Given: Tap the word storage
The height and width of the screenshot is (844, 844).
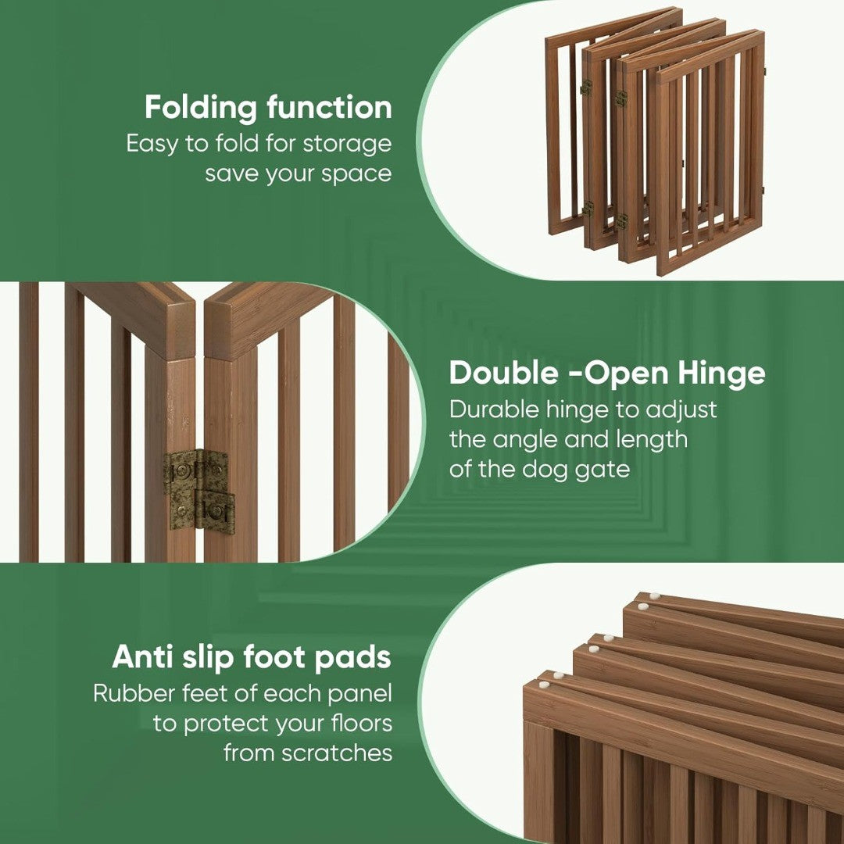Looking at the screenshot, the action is [x=347, y=144].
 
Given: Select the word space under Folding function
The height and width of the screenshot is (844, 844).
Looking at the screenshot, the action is [x=356, y=174].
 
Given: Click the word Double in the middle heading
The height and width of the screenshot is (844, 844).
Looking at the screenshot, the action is [x=504, y=373].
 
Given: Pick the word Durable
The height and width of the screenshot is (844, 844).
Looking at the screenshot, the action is [x=494, y=409].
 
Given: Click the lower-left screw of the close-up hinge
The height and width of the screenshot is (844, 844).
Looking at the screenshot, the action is [x=181, y=510].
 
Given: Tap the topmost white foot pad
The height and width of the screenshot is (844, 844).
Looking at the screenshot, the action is [x=655, y=595].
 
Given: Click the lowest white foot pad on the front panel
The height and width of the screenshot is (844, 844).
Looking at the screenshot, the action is [x=544, y=685].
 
